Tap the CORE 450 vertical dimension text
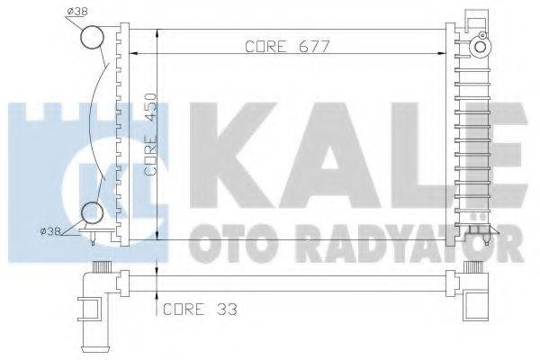click(154, 130)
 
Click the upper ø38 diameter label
click(78, 12)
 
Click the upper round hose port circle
click(93, 37)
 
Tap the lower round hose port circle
click(92, 213)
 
